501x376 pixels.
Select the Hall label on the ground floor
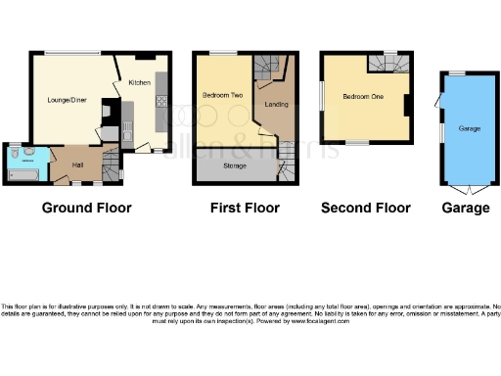tap(77, 164)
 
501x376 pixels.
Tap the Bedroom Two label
tap(217, 95)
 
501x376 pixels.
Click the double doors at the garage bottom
tap(464, 187)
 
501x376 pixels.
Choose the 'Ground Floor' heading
tap(86, 208)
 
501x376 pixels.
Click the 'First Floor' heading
tap(245, 208)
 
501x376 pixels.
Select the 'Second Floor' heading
tap(365, 208)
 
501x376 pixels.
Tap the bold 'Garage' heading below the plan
tap(466, 208)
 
